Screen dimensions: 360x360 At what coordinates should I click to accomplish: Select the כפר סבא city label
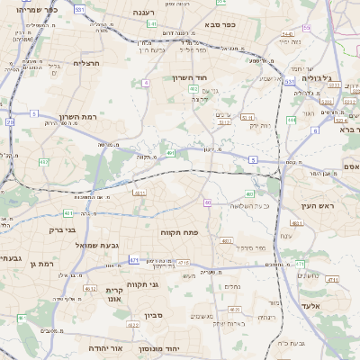(x=220, y=24)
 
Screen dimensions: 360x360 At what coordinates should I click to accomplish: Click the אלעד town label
(x=334, y=306)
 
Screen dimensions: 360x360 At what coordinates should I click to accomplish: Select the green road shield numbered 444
(x=291, y=119)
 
